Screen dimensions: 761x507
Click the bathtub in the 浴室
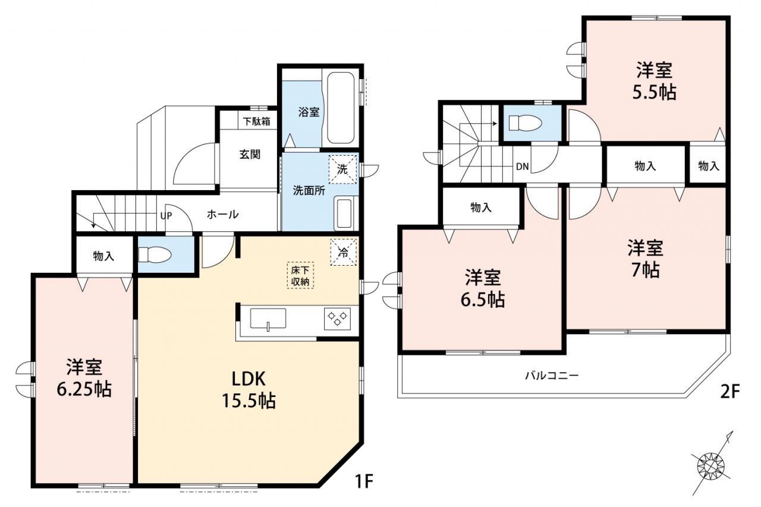coord(340,108)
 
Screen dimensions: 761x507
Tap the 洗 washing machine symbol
coord(343,169)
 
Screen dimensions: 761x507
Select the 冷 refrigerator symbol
coord(344,252)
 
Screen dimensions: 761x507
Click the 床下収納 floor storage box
coord(300,275)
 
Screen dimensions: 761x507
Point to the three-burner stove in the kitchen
coord(337,319)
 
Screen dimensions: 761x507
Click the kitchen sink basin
coord(268,319)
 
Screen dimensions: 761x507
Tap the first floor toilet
coord(154,254)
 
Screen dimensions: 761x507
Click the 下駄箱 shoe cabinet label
coord(257,121)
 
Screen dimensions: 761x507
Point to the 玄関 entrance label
coord(250,155)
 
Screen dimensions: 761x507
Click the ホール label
coord(223,215)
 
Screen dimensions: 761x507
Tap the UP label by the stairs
coord(166,216)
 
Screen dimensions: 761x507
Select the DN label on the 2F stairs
coord(523,166)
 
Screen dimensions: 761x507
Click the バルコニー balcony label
coord(552,376)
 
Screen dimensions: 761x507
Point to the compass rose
coord(710,467)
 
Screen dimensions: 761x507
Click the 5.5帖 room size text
coord(654,92)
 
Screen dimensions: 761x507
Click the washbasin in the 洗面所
coord(344,213)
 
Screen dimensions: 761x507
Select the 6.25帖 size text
coord(84,389)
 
